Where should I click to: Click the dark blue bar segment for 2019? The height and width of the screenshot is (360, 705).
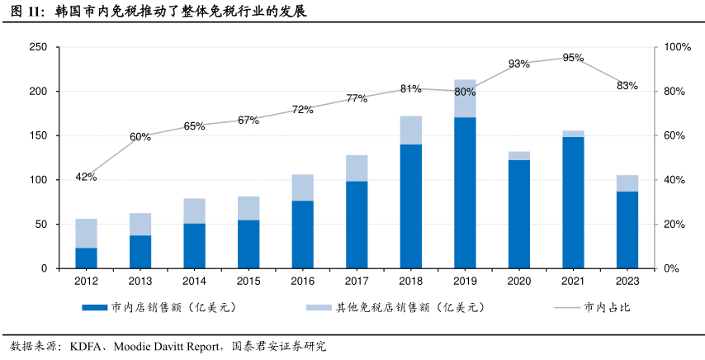pos(465,192)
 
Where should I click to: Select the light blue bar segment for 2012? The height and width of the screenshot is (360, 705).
pos(86,233)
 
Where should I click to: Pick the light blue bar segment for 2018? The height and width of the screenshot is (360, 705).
pos(410,130)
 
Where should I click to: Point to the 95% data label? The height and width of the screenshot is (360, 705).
pos(573,58)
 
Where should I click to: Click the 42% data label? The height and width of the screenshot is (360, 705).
pos(86,177)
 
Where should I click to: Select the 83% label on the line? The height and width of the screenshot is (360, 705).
pos(627,85)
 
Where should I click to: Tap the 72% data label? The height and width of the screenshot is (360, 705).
pos(302,109)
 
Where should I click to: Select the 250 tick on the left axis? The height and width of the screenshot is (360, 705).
pos(37,47)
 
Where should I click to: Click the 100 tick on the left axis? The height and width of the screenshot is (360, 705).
pos(37,180)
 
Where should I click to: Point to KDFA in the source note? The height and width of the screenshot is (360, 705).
pos(86,346)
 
